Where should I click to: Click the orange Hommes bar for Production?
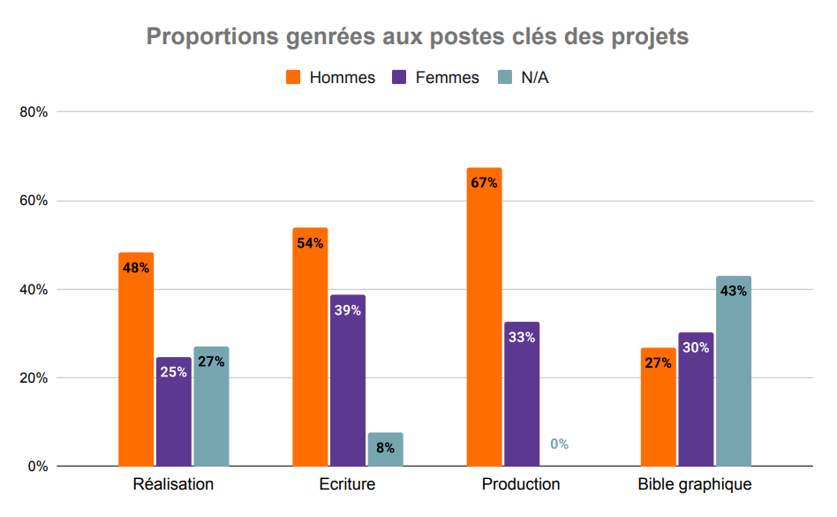click(484, 318)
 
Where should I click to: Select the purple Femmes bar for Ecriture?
click(348, 380)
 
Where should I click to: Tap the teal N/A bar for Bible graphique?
click(733, 371)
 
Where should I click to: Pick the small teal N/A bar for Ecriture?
click(385, 449)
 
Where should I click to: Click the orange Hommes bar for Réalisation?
click(136, 358)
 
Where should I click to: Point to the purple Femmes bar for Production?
click(522, 393)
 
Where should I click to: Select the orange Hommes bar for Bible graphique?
click(658, 407)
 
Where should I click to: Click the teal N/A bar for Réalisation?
click(211, 407)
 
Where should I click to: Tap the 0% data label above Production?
click(560, 445)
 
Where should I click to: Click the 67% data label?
click(484, 183)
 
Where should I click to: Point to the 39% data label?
click(348, 310)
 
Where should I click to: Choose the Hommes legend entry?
click(331, 78)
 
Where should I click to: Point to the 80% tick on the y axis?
click(34, 112)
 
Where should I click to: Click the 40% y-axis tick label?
click(34, 289)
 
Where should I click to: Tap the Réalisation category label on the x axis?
click(173, 484)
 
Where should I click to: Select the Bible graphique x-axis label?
click(695, 484)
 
